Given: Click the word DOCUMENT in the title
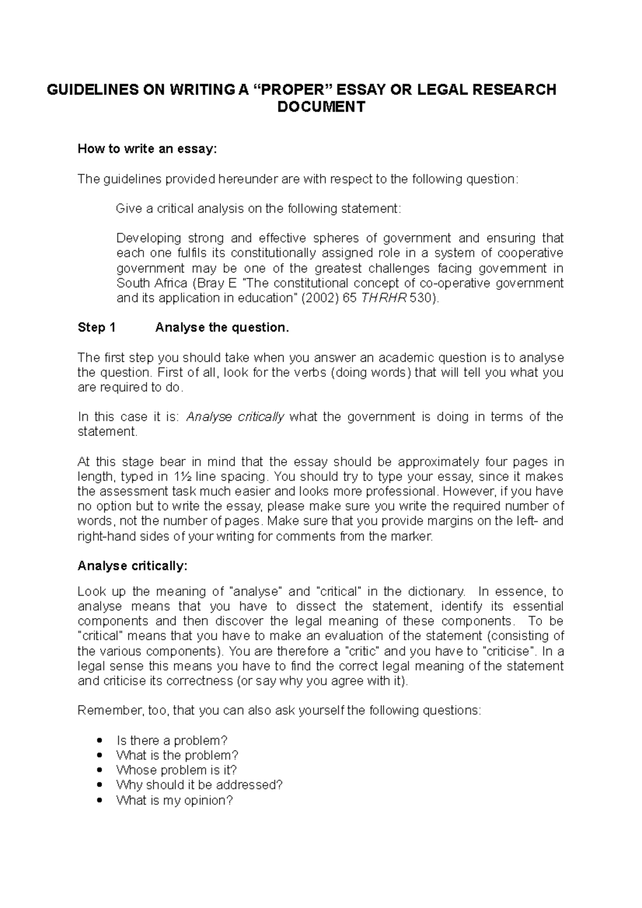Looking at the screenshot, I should pyautogui.click(x=320, y=107).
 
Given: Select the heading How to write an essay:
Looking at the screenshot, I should pyautogui.click(x=148, y=149).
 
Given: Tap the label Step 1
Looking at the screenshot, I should pyautogui.click(x=96, y=328).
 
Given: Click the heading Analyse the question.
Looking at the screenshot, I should pyautogui.click(x=222, y=328).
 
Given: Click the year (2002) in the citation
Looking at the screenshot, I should pyautogui.click(x=313, y=298).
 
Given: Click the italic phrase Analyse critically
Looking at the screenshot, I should pyautogui.click(x=235, y=417).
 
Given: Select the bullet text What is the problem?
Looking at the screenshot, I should pyautogui.click(x=177, y=756).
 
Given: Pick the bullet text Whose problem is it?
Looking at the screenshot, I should pyautogui.click(x=176, y=771).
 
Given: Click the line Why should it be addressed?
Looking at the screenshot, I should pyautogui.click(x=199, y=786).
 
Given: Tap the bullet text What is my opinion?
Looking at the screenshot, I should pyautogui.click(x=174, y=801).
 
